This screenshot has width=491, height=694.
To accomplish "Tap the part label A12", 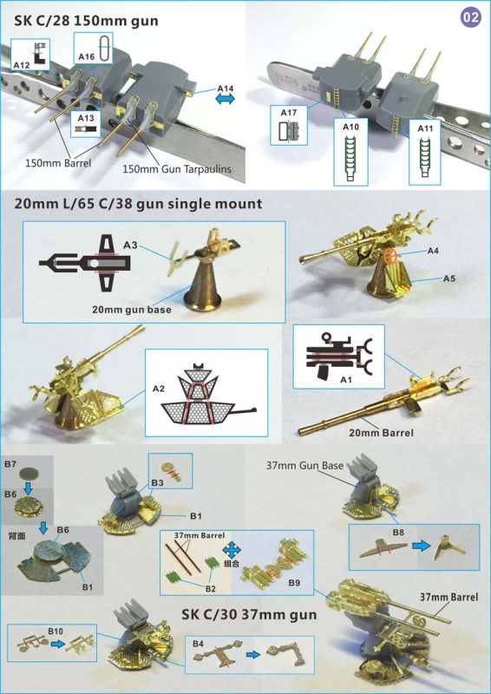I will pyautogui.click(x=23, y=66).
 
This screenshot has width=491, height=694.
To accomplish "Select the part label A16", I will pyautogui.click(x=87, y=56).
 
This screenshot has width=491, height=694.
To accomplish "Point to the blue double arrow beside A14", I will pyautogui.click(x=226, y=101).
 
